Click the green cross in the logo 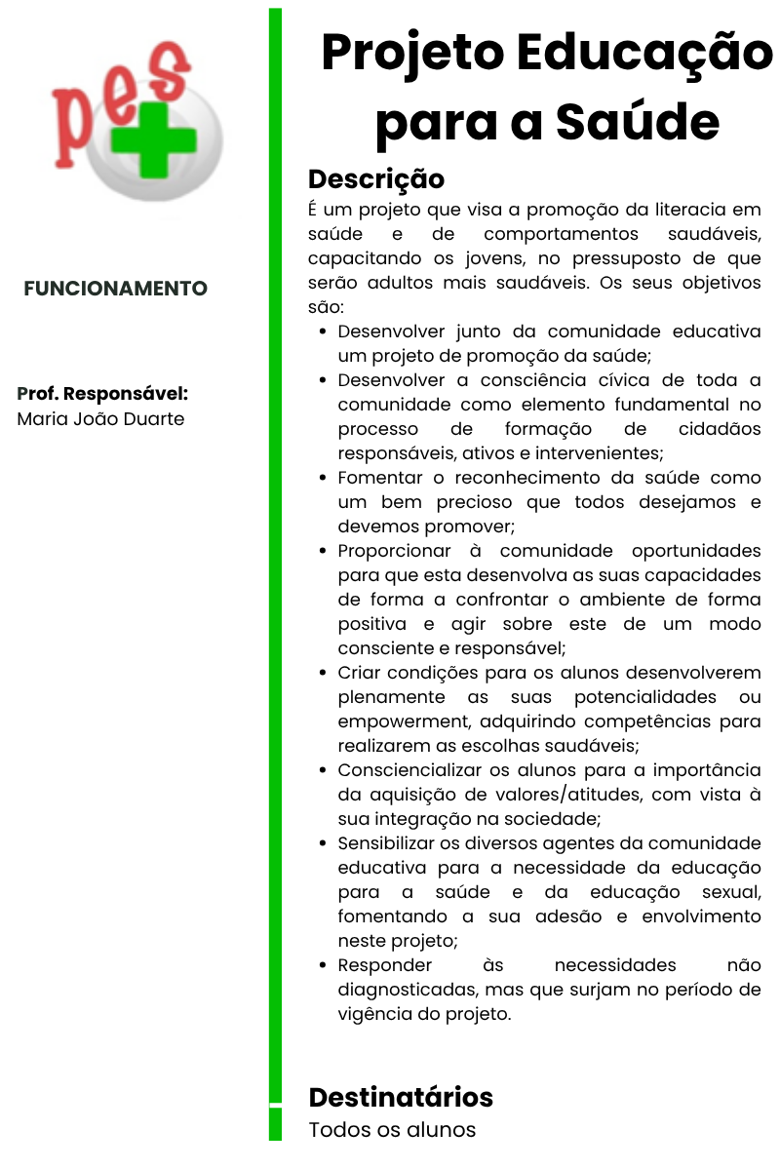[152, 136]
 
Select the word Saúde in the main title [638, 123]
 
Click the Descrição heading [376, 179]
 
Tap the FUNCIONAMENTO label [116, 289]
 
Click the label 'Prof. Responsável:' [102, 394]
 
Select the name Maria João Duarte [100, 419]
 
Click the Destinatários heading [401, 1097]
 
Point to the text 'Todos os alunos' [392, 1130]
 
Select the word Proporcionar [397, 551]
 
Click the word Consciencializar [412, 770]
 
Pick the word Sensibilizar [391, 843]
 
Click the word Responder [384, 965]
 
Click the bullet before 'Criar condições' [323, 673]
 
